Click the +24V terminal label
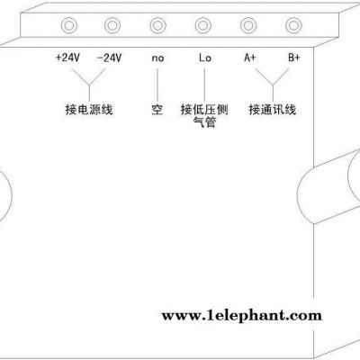[68, 58]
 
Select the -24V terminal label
[110, 58]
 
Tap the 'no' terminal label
[157, 58]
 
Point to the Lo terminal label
[205, 58]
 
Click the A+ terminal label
[250, 57]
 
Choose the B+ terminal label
[294, 57]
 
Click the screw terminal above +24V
[69, 25]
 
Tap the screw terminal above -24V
[112, 25]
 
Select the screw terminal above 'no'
[157, 25]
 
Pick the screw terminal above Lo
[203, 25]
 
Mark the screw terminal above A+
[248, 25]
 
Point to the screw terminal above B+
[293, 25]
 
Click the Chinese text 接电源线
[89, 110]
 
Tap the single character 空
[157, 110]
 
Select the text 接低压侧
[204, 110]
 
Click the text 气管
[204, 122]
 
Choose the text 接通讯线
[273, 110]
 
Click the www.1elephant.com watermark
[242, 316]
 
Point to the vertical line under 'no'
[157, 85]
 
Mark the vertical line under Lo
[204, 85]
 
